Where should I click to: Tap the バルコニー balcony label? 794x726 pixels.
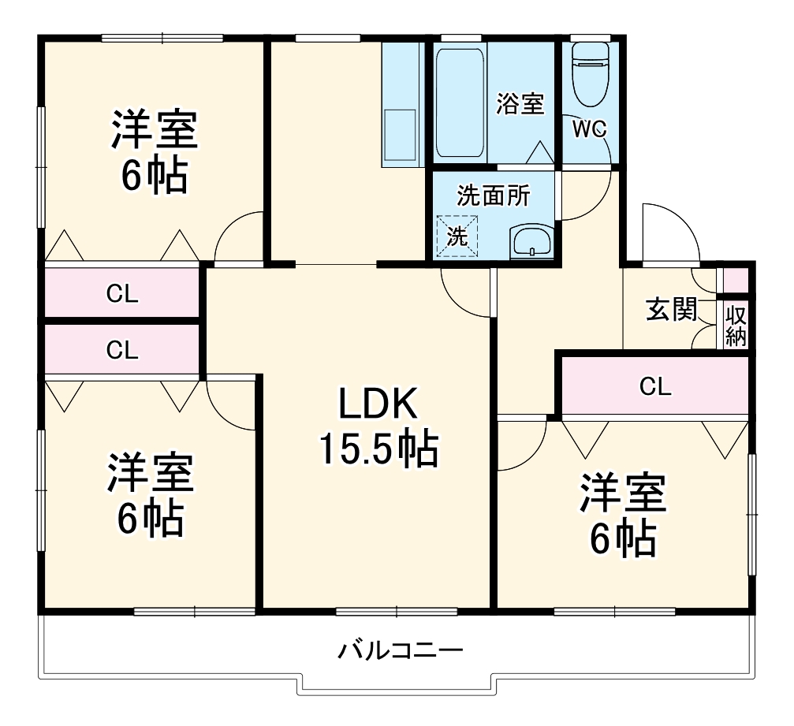tap(401, 651)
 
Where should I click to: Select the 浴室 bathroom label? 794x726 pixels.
tap(520, 103)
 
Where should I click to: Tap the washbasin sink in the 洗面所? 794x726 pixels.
tap(532, 241)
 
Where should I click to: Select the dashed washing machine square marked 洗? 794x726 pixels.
tap(458, 235)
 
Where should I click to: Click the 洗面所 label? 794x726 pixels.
tap(494, 197)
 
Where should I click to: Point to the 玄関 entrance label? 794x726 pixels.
tap(671, 310)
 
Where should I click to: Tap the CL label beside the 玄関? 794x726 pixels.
tap(655, 386)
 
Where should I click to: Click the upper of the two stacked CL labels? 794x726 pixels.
tap(122, 295)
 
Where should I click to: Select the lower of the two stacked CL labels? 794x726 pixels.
tap(122, 349)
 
